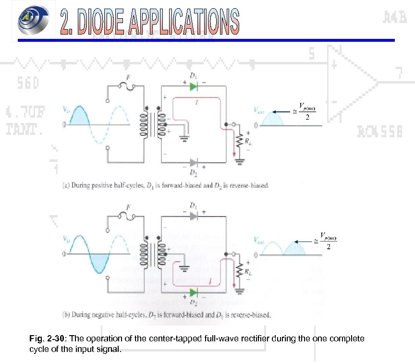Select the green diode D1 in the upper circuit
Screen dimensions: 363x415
click(193, 86)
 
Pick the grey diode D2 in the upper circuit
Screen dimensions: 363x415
click(193, 162)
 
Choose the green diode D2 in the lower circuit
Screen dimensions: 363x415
click(193, 292)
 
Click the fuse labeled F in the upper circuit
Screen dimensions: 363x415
click(130, 87)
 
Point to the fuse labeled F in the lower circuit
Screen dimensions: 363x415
click(130, 217)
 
